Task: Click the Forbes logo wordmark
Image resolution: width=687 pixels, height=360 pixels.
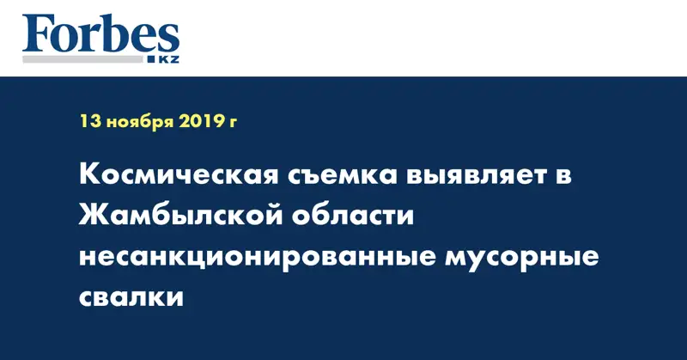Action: click(101, 34)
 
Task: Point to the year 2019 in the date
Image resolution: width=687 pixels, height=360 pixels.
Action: click(203, 122)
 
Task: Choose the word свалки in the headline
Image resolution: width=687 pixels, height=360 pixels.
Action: click(131, 298)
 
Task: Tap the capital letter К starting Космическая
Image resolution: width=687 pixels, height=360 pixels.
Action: click(89, 178)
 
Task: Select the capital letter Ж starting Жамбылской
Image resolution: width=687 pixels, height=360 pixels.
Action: click(94, 218)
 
